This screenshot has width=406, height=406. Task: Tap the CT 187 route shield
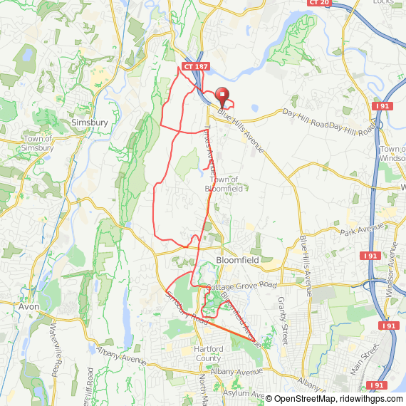coord(196,66)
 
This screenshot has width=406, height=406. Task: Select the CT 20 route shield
coord(319,3)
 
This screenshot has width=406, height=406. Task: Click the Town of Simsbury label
coord(38,143)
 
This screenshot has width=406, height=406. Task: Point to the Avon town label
coord(28,307)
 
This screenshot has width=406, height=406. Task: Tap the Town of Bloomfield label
coord(224,184)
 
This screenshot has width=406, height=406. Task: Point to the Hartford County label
coord(209,353)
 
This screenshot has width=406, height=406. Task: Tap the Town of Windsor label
coord(392,153)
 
